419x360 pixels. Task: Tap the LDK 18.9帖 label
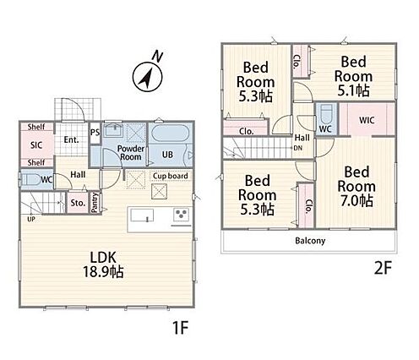coord(103,265)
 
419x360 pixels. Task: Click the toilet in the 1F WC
coord(31,179)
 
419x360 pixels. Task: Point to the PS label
coord(95,132)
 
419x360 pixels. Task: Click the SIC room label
coord(36,145)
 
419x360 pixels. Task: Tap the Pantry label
coord(95,202)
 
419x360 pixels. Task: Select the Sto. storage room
coord(78,203)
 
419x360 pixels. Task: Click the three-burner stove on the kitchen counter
coord(182,215)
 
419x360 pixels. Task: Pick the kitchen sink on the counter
coord(142,215)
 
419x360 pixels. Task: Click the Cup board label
coord(171,176)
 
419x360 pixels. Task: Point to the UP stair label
coord(31,219)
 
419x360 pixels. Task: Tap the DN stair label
coord(297,148)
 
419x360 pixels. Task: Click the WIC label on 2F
coord(367,120)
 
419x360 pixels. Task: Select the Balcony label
coord(310,241)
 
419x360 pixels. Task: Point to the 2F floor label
coord(384,269)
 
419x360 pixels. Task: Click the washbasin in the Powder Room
coord(113,130)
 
